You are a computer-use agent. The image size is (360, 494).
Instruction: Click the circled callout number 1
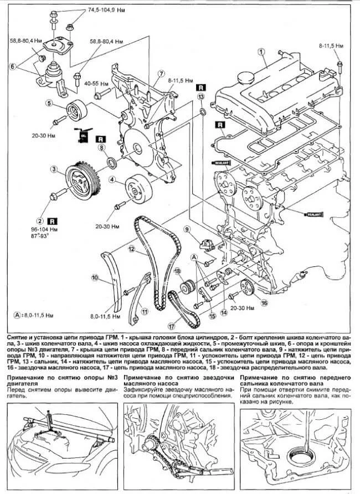click(x=260, y=53)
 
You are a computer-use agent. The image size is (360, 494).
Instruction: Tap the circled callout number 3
click(x=53, y=169)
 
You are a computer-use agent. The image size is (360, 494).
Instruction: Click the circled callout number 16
click(x=264, y=303)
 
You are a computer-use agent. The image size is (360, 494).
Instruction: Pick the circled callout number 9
click(x=187, y=229)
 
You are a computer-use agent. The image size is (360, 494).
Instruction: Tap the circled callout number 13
click(x=201, y=96)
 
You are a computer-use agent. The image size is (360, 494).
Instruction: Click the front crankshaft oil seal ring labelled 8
click(x=112, y=163)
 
